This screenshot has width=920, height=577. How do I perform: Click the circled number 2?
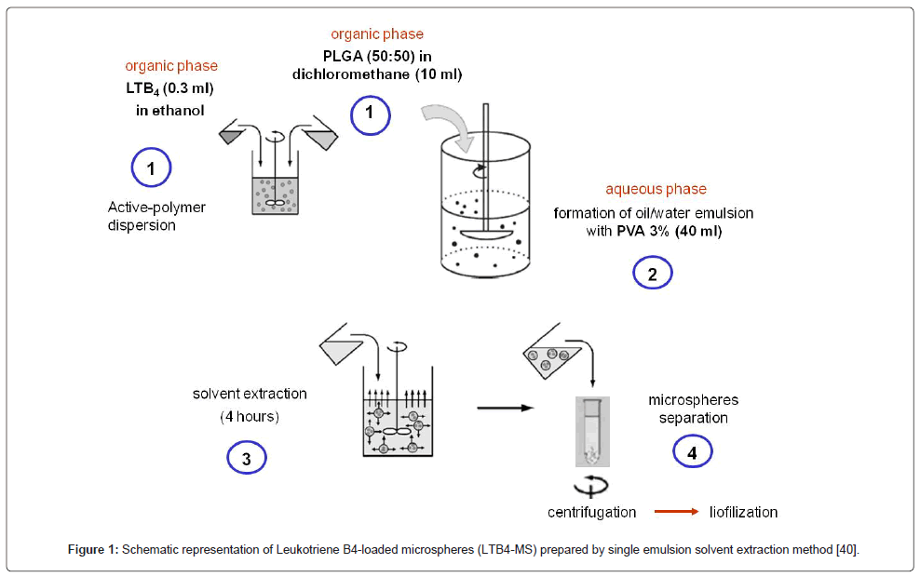coord(653,274)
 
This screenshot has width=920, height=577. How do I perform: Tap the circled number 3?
coord(247,458)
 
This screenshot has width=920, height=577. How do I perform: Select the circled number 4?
coord(693,451)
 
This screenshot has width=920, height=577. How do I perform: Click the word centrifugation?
coord(591,512)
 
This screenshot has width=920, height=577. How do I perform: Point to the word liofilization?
coord(742,512)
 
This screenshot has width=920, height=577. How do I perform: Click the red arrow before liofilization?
coord(675,512)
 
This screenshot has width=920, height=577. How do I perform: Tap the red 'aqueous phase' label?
coord(656,190)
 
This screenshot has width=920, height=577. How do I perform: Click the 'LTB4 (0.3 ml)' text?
coord(171,89)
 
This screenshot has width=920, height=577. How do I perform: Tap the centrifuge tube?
coord(592,430)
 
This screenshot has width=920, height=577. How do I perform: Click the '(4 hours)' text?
coord(250,416)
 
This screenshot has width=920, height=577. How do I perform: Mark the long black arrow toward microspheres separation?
coord(505,408)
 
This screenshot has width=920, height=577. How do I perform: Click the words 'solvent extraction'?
coord(250,394)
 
